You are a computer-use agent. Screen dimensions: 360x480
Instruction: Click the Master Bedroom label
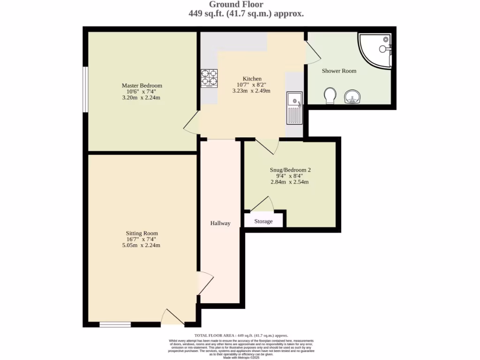142,85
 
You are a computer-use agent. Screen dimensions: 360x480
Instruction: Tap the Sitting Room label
142,233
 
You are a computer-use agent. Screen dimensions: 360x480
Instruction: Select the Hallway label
220,223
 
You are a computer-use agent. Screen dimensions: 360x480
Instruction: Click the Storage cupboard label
263,221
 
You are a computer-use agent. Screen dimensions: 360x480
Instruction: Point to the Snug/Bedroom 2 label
290,170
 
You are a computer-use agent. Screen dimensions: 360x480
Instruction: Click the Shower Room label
338,71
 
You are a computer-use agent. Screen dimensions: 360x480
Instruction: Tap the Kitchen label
252,78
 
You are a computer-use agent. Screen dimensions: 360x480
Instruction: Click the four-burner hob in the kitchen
210,78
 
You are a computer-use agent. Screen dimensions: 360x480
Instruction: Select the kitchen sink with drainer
294,108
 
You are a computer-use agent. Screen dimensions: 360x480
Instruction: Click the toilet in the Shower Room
330,95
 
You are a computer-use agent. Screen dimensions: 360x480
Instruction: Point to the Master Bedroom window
85,89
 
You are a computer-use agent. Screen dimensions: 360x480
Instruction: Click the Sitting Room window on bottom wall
115,324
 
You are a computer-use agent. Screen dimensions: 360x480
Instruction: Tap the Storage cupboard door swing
263,204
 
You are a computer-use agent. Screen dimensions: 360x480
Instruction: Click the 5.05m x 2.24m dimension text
142,245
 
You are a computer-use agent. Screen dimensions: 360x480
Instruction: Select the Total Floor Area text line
241,335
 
